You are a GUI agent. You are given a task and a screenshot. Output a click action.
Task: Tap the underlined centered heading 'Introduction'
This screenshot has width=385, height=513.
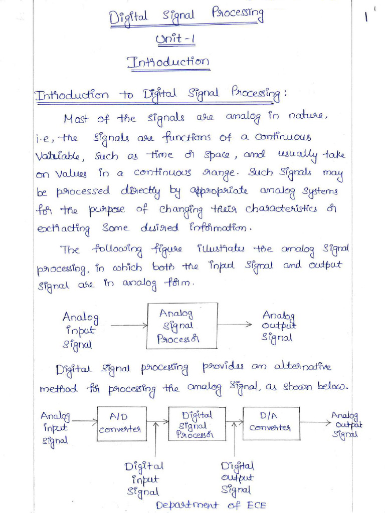tap(168, 63)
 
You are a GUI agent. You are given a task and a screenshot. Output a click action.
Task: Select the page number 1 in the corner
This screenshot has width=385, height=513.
tap(367, 16)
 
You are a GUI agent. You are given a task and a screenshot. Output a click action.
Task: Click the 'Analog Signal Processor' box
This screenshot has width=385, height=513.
tap(182, 326)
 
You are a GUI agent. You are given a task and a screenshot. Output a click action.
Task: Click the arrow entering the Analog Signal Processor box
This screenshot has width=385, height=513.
tap(128, 326)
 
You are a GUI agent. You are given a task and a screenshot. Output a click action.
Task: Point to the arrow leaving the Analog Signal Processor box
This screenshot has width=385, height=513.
tap(235, 324)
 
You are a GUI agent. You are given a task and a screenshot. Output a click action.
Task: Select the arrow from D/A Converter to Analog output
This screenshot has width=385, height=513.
tap(314, 422)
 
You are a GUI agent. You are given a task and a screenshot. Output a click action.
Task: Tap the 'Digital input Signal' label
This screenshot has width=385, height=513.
tap(144, 479)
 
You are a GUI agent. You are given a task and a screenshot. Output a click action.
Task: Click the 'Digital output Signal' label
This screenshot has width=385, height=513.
tap(237, 478)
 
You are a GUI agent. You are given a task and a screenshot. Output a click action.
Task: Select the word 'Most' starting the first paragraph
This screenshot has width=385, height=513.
tap(76, 119)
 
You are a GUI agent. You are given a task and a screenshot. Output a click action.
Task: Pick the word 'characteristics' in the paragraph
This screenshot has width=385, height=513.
tap(281, 209)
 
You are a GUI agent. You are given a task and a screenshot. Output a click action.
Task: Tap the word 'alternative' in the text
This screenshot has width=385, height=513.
tap(303, 367)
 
